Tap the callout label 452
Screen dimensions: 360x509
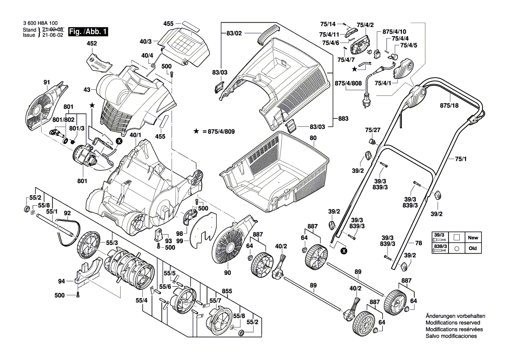coord(92,44)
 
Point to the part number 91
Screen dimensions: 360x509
coord(47,83)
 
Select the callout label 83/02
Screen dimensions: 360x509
coord(234,33)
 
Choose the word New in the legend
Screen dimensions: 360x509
coord(472,238)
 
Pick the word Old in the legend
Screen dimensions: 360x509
coord(472,248)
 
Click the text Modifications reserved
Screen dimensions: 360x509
coord(452,323)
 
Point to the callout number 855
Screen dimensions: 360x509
coord(227,291)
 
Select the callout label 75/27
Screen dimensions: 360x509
coord(372,129)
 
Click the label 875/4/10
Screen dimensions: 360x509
coord(394,32)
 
